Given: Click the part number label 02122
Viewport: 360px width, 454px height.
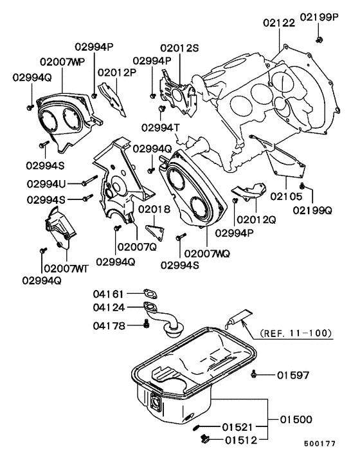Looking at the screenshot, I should (278, 22).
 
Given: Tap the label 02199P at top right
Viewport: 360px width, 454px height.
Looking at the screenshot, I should (319, 17).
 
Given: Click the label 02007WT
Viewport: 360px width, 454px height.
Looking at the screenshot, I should (64, 267).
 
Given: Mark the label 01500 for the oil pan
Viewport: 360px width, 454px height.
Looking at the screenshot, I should (294, 419).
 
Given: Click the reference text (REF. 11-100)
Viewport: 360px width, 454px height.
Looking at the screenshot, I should (296, 334).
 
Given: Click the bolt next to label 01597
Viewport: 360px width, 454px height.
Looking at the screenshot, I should (256, 374).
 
